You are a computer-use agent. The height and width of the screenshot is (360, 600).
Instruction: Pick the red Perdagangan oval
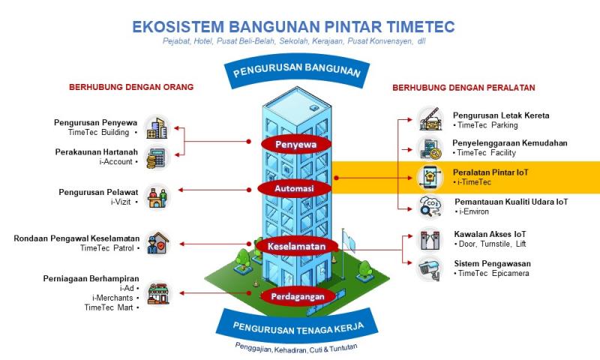coord(298,296)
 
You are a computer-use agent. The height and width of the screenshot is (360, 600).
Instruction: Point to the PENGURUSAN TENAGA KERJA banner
coord(298,327)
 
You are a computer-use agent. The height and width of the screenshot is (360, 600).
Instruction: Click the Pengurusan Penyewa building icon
coord(157,127)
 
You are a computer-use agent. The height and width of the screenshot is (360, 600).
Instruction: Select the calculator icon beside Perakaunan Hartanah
coord(157,157)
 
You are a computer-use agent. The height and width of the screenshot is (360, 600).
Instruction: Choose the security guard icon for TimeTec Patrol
coord(157,244)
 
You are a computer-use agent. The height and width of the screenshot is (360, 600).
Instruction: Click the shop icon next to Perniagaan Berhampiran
coord(157,292)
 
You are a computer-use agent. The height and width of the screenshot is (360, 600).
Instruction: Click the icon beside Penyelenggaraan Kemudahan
coord(430,148)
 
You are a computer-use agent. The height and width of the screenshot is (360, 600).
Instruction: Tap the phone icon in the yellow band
coord(430,177)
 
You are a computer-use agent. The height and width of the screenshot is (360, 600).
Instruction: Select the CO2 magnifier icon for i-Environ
coord(430,206)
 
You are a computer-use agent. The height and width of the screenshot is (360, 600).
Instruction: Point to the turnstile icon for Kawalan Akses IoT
coord(430,239)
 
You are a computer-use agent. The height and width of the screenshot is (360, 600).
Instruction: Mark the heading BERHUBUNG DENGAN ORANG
coord(131,87)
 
